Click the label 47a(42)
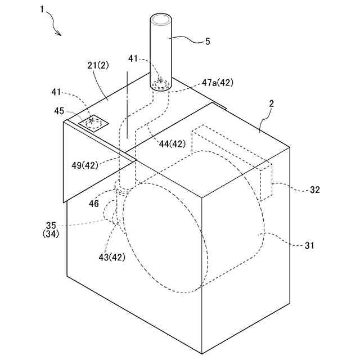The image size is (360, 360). click(217, 82)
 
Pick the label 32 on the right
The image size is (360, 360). click(314, 190)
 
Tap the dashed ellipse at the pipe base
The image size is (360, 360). click(161, 85)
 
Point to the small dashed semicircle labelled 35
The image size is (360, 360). click(108, 213)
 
